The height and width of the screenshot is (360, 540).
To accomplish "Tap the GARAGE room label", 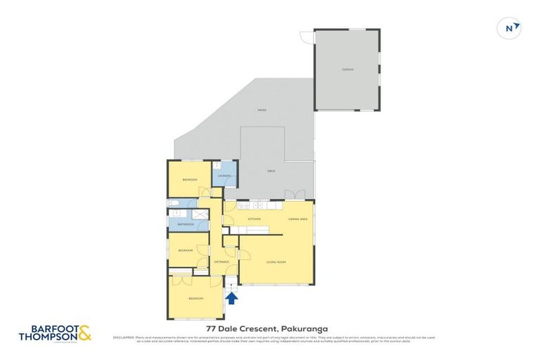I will tap(347, 70).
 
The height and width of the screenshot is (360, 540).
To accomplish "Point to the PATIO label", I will tap(262, 110).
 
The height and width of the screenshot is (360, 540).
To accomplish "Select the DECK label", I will tap(270, 171).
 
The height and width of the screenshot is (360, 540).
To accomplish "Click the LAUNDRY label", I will tap(224, 175).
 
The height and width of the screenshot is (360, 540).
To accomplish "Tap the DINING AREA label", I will tap(297, 220).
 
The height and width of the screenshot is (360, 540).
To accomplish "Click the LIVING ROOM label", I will tap(275, 262).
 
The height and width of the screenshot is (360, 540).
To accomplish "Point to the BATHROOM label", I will tap(185, 224).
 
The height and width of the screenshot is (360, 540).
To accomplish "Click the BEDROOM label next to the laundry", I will tap(189, 180).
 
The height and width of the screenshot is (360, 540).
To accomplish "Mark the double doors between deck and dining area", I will tap(295, 195).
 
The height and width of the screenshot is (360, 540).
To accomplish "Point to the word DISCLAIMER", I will tap(123, 338).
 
